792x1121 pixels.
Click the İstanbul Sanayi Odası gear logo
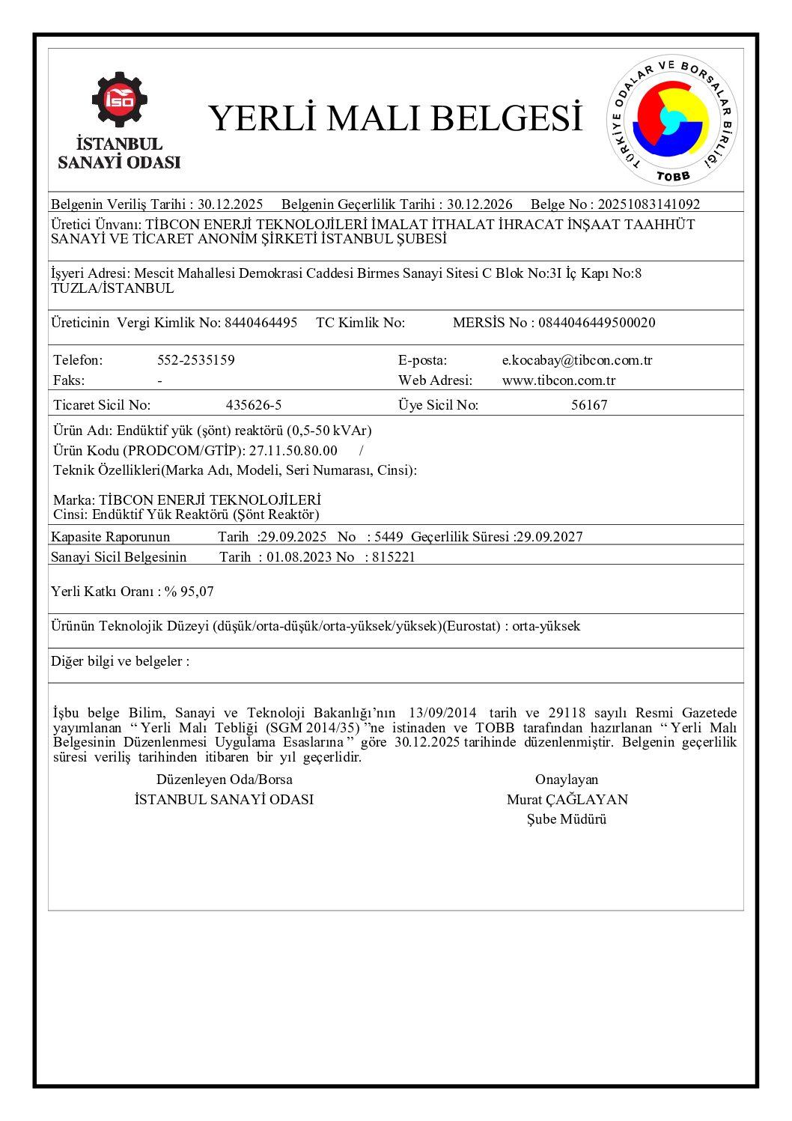pos(119,99)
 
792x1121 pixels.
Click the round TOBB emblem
pos(671,120)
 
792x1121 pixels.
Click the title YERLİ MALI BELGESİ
pos(395,118)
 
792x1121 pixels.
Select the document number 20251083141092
pos(648,204)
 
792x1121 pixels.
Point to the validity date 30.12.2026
pos(480,204)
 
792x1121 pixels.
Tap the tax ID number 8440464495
pos(261,323)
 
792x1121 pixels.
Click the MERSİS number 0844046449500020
pos(597,323)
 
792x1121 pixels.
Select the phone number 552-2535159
pos(195,360)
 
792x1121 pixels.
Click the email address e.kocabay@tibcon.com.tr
pos(576,360)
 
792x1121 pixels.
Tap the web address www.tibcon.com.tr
pos(558,380)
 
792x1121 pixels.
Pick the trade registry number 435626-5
pos(254,405)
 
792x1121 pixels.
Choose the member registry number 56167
pos(589,405)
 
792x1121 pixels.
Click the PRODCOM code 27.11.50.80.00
pos(293,451)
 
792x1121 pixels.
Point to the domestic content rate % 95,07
pos(189,592)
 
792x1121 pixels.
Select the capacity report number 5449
pos(389,537)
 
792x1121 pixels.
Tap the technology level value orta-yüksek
pos(546,626)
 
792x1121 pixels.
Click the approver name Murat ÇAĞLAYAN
pos(567,800)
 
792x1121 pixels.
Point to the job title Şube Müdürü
pos(567,819)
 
